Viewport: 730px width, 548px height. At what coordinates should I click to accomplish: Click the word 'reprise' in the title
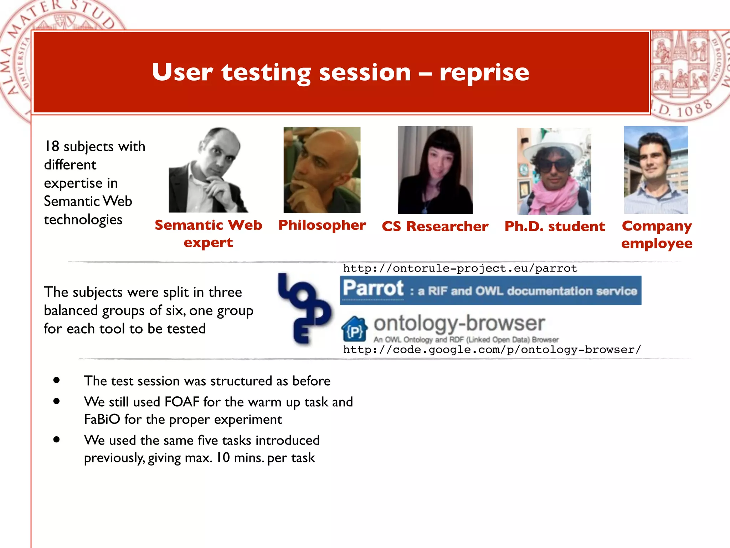[484, 73]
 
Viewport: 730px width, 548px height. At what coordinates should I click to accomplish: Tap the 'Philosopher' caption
[322, 225]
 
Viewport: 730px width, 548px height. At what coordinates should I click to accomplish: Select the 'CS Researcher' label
[435, 227]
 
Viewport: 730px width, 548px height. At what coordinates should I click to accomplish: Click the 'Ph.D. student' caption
[555, 227]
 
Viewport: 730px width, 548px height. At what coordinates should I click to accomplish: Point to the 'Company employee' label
[657, 234]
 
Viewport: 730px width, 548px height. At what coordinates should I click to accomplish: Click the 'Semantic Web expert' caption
[208, 234]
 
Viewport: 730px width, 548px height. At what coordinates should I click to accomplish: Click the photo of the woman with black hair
[435, 170]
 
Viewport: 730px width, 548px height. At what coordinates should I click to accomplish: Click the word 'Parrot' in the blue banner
[373, 289]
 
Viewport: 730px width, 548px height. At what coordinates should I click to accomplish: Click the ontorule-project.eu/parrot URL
[460, 268]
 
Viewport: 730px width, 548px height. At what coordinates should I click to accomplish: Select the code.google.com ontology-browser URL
[492, 350]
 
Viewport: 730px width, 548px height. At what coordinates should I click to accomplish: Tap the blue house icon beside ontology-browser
[354, 329]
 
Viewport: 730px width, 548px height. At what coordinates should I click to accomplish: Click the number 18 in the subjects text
[52, 146]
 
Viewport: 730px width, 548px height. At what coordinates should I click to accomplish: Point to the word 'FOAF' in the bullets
[182, 402]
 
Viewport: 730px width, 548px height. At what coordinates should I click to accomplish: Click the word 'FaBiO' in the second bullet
[102, 420]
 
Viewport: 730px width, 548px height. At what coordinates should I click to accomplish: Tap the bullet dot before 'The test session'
[56, 380]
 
